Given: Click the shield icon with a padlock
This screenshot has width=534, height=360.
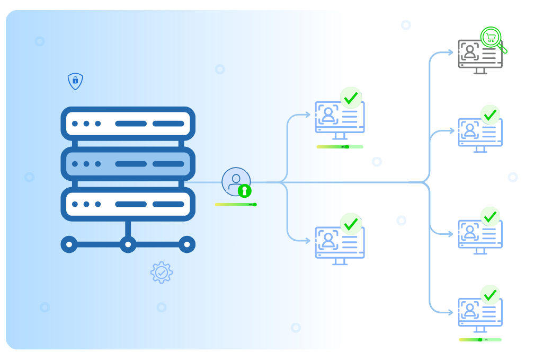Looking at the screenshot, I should (x=76, y=81).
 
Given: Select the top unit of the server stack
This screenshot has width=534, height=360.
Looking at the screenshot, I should (x=128, y=124).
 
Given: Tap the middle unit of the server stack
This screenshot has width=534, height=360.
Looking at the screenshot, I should (x=128, y=164).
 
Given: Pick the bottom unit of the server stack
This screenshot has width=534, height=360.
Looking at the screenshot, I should (x=128, y=204).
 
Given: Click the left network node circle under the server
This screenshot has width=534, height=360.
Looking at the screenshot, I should (x=69, y=244).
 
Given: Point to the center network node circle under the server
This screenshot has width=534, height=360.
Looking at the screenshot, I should (x=128, y=244).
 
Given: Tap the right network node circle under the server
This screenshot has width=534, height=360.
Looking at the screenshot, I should (x=187, y=244).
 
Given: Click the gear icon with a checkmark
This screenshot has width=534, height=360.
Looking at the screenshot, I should (x=162, y=273).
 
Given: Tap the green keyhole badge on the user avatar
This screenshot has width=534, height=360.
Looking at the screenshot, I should (x=244, y=191).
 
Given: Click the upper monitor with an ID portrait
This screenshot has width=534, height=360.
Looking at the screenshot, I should (x=329, y=117).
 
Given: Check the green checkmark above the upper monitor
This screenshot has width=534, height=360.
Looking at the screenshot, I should (x=351, y=98).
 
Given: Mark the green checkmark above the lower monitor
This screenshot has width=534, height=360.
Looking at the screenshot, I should (x=351, y=224).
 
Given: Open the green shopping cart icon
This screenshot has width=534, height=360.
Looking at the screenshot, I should (x=491, y=37).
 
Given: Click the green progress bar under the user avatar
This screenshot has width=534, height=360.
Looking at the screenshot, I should (x=236, y=205).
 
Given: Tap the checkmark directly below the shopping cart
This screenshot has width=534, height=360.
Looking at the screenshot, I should (x=491, y=115).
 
